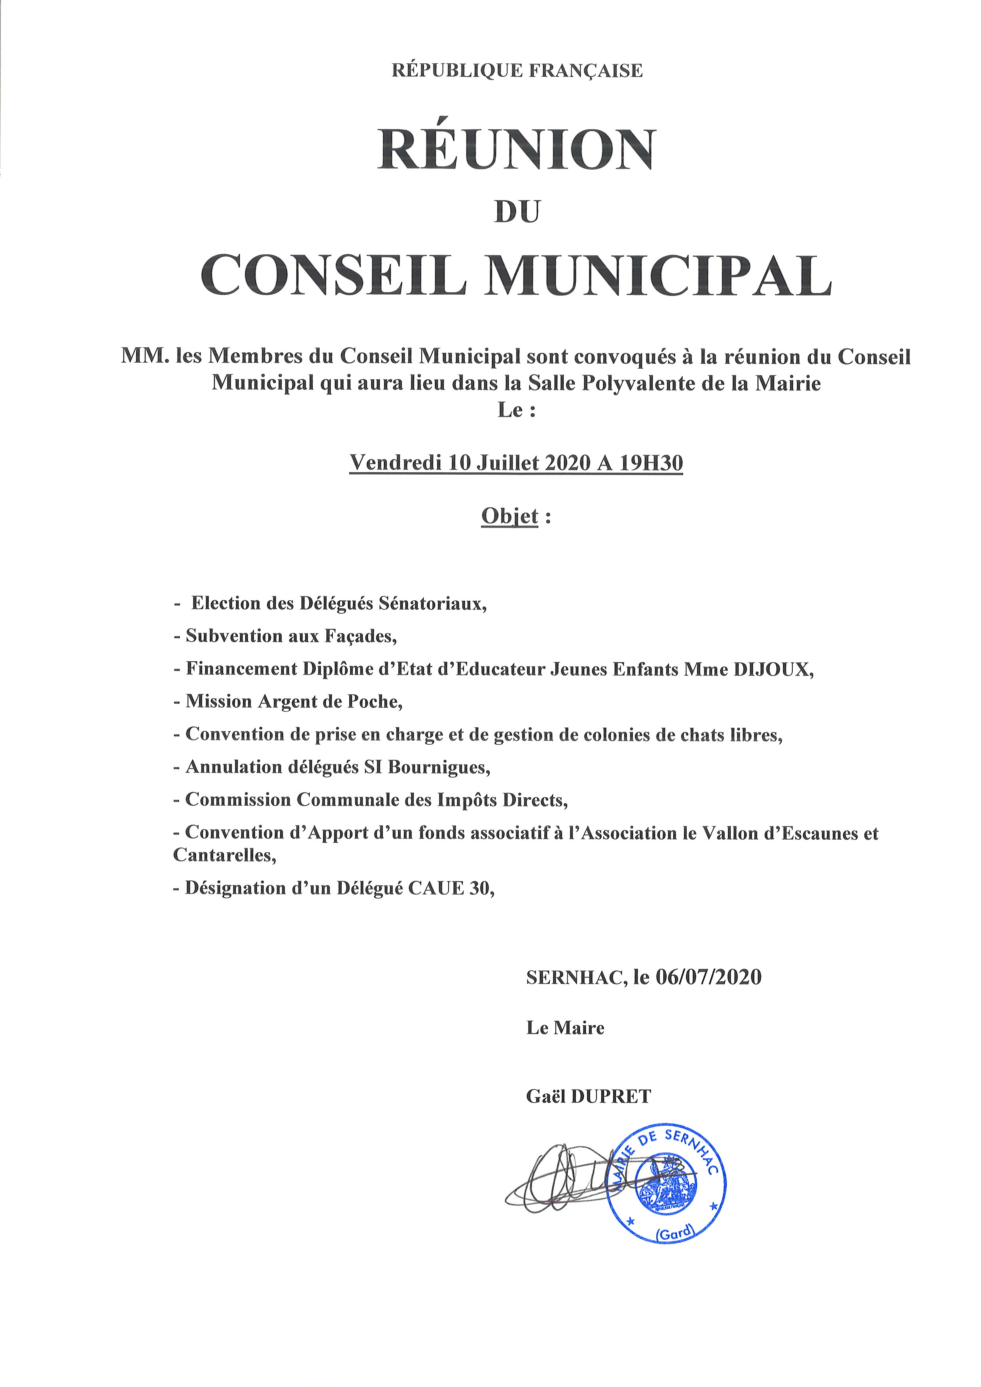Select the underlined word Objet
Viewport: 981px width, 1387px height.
(x=509, y=516)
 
